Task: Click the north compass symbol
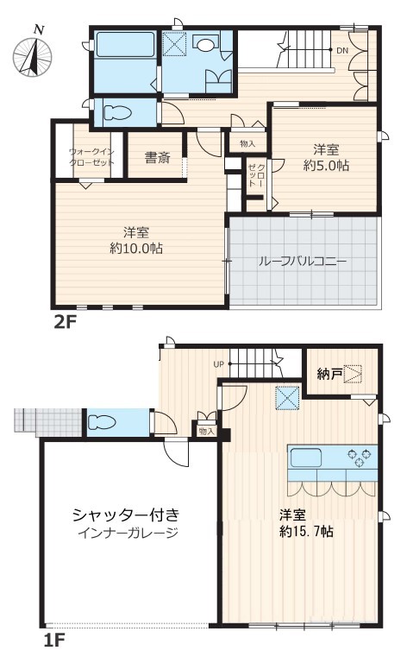point(33,54)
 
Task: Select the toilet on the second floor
point(117,113)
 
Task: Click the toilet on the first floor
point(102,422)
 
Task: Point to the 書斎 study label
point(157,158)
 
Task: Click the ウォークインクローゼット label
point(91,157)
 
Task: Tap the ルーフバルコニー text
point(303,262)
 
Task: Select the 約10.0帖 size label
point(136,249)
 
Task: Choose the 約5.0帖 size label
point(326,166)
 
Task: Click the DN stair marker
point(342,51)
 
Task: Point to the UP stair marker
point(219,364)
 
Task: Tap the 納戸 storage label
point(329,374)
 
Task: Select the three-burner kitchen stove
point(362,457)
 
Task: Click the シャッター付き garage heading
point(126,515)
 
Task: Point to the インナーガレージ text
point(128,534)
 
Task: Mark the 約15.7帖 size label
point(306,531)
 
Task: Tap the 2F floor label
point(64,323)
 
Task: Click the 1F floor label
point(54,641)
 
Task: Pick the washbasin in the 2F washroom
point(205,44)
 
